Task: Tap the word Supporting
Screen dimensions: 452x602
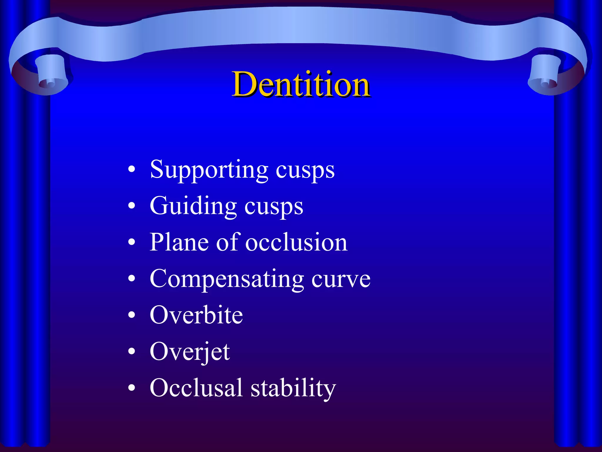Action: (209, 170)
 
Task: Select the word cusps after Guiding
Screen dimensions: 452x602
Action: (274, 207)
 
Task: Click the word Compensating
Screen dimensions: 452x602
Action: (227, 279)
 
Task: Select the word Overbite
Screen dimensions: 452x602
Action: (196, 315)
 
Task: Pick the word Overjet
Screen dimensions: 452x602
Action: (190, 352)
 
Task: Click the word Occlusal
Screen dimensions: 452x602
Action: (196, 388)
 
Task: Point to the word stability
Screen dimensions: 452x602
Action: (293, 388)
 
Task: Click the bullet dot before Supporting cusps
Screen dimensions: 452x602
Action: (132, 170)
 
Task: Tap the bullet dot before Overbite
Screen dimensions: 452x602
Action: (132, 315)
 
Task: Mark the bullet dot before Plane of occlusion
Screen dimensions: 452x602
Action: (132, 242)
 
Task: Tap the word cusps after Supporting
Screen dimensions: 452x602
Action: (305, 171)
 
